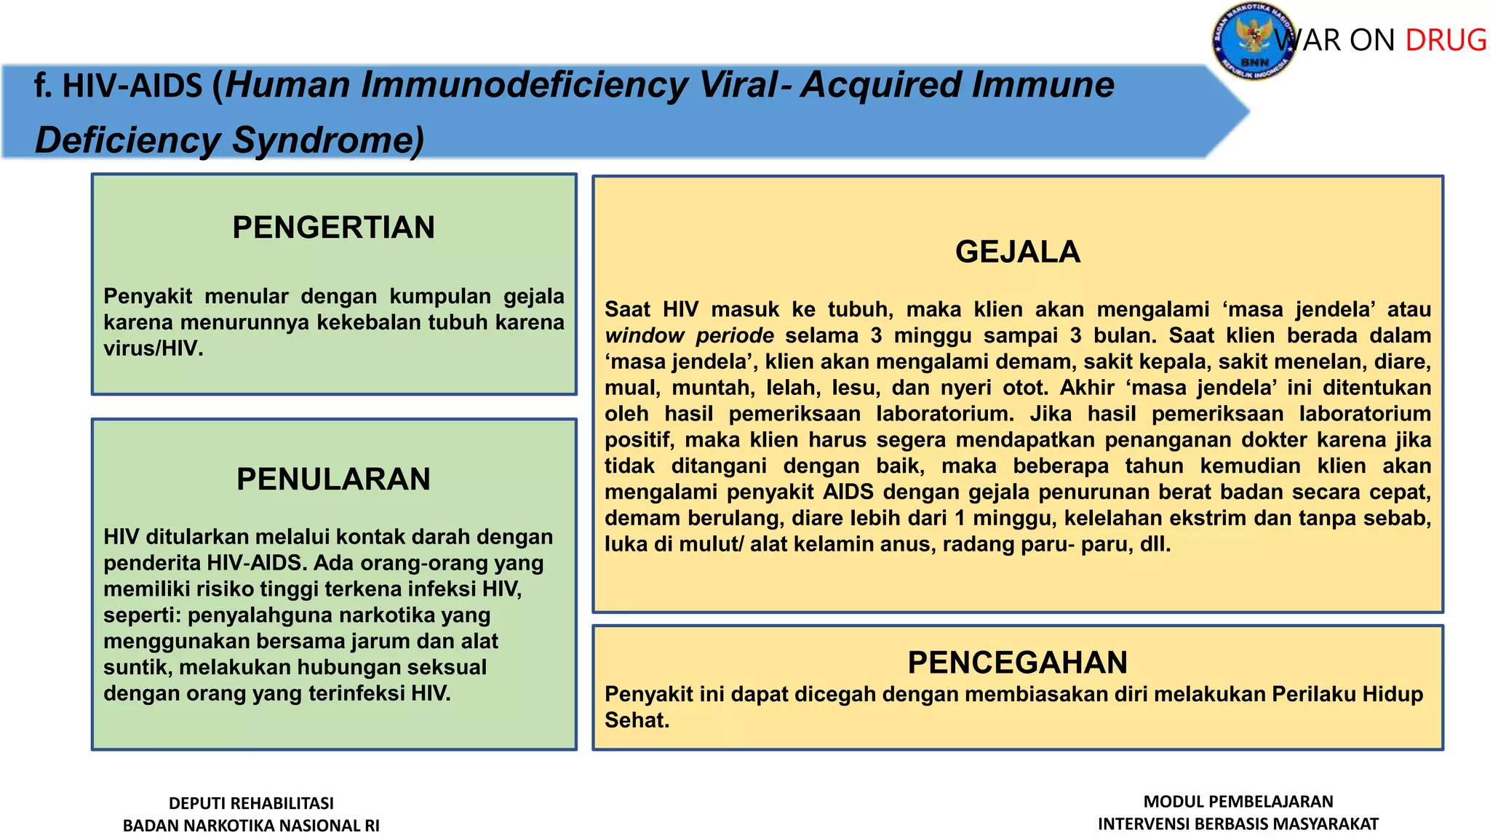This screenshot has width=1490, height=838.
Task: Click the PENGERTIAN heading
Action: point(333,228)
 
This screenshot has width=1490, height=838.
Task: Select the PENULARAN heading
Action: point(333,479)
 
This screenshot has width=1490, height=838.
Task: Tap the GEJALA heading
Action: point(1017,252)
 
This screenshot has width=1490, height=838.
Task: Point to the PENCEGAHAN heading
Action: point(1017,663)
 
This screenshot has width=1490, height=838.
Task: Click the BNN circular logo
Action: point(1253,41)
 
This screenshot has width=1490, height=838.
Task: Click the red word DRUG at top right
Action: point(1446,41)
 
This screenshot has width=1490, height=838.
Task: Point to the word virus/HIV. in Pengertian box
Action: point(153,348)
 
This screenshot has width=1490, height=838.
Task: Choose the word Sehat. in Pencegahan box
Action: point(637,720)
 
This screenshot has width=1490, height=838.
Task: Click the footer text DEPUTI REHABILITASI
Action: point(251,803)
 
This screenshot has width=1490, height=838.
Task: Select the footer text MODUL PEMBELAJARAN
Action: point(1238,802)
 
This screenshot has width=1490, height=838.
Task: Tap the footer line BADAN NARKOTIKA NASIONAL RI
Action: point(251,826)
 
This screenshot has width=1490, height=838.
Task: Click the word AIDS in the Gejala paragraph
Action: point(848,492)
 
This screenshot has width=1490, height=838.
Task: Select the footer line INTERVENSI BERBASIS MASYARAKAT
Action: point(1238,824)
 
